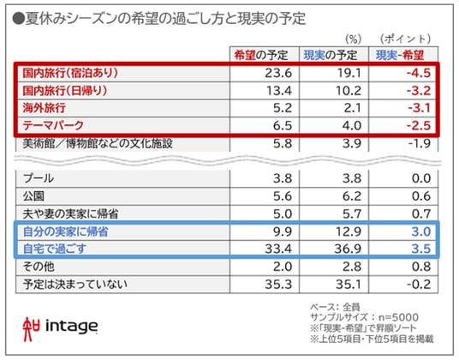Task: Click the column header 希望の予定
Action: tap(261, 55)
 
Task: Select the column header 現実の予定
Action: tap(331, 55)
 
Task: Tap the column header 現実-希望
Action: tap(400, 55)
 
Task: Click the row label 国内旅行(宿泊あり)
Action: tap(70, 73)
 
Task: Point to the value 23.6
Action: tap(278, 73)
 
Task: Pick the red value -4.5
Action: tap(419, 73)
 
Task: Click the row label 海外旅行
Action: tap(44, 108)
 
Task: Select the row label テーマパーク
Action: tap(53, 125)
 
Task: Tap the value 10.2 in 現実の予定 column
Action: tap(348, 91)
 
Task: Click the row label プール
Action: tap(39, 178)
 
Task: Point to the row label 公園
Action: tap(33, 196)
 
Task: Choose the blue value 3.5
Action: tap(421, 249)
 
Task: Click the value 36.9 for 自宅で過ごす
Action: tap(348, 249)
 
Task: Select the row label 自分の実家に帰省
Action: tap(66, 231)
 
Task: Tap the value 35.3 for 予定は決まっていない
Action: tap(278, 284)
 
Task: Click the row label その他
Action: tap(39, 267)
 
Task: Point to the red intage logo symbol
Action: tap(31, 329)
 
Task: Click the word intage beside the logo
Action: tap(71, 327)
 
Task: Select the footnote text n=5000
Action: tap(398, 317)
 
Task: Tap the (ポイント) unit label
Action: tap(405, 39)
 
